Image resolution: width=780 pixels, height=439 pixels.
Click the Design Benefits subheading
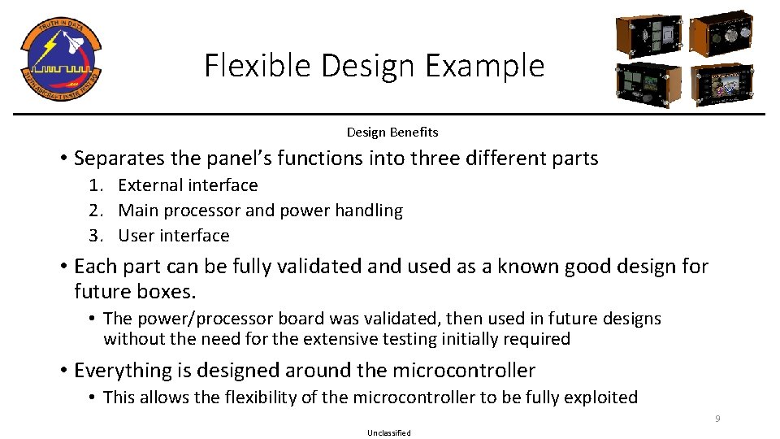392,132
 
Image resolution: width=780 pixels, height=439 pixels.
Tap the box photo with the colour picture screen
721,85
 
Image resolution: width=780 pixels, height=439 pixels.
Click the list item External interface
188,185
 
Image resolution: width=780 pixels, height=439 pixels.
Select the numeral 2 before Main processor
95,211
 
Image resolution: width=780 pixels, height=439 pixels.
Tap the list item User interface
174,236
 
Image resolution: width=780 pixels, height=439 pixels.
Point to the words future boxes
132,291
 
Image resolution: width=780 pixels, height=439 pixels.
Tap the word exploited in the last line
598,398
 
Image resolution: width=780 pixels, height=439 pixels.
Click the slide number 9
717,419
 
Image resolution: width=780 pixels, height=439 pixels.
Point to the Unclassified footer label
389,432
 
